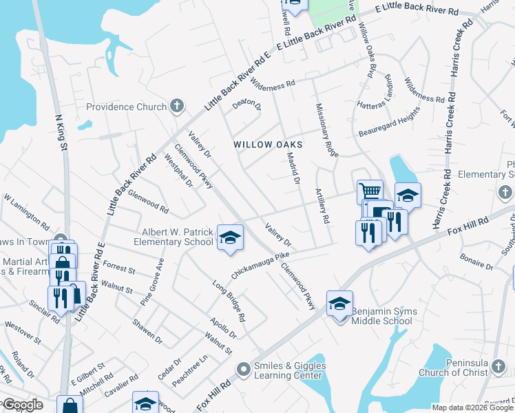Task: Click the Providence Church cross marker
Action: [177, 106]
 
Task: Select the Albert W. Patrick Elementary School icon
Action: [230, 237]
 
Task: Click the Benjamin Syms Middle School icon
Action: [339, 304]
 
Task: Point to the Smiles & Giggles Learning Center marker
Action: [242, 370]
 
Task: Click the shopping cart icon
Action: [370, 191]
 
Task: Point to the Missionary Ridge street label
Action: [326, 130]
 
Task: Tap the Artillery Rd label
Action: [321, 206]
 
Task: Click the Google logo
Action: [22, 405]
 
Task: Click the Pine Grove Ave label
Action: [153, 282]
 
